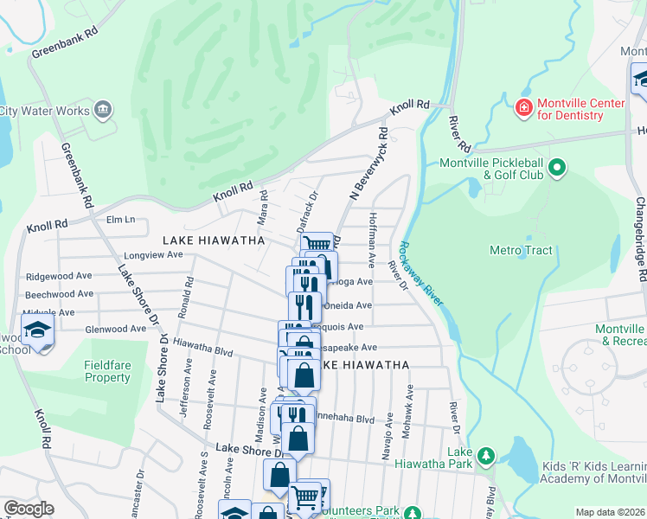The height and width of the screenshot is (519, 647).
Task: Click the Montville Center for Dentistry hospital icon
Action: pos(523,108)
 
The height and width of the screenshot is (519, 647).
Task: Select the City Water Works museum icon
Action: pos(103,109)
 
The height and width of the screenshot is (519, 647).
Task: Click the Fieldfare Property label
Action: pos(107,371)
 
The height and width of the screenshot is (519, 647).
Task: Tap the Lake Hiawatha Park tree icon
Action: pos(486,456)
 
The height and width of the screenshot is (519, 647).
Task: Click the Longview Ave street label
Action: pos(153,255)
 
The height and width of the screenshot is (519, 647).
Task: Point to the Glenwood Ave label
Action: pos(115,329)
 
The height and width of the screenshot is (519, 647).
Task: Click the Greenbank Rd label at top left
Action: pos(65,48)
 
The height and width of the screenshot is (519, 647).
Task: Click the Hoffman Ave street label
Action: pos(373,239)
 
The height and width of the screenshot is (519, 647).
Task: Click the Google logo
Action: pos(29,509)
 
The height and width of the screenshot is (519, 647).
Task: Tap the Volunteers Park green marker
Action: pos(413,512)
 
